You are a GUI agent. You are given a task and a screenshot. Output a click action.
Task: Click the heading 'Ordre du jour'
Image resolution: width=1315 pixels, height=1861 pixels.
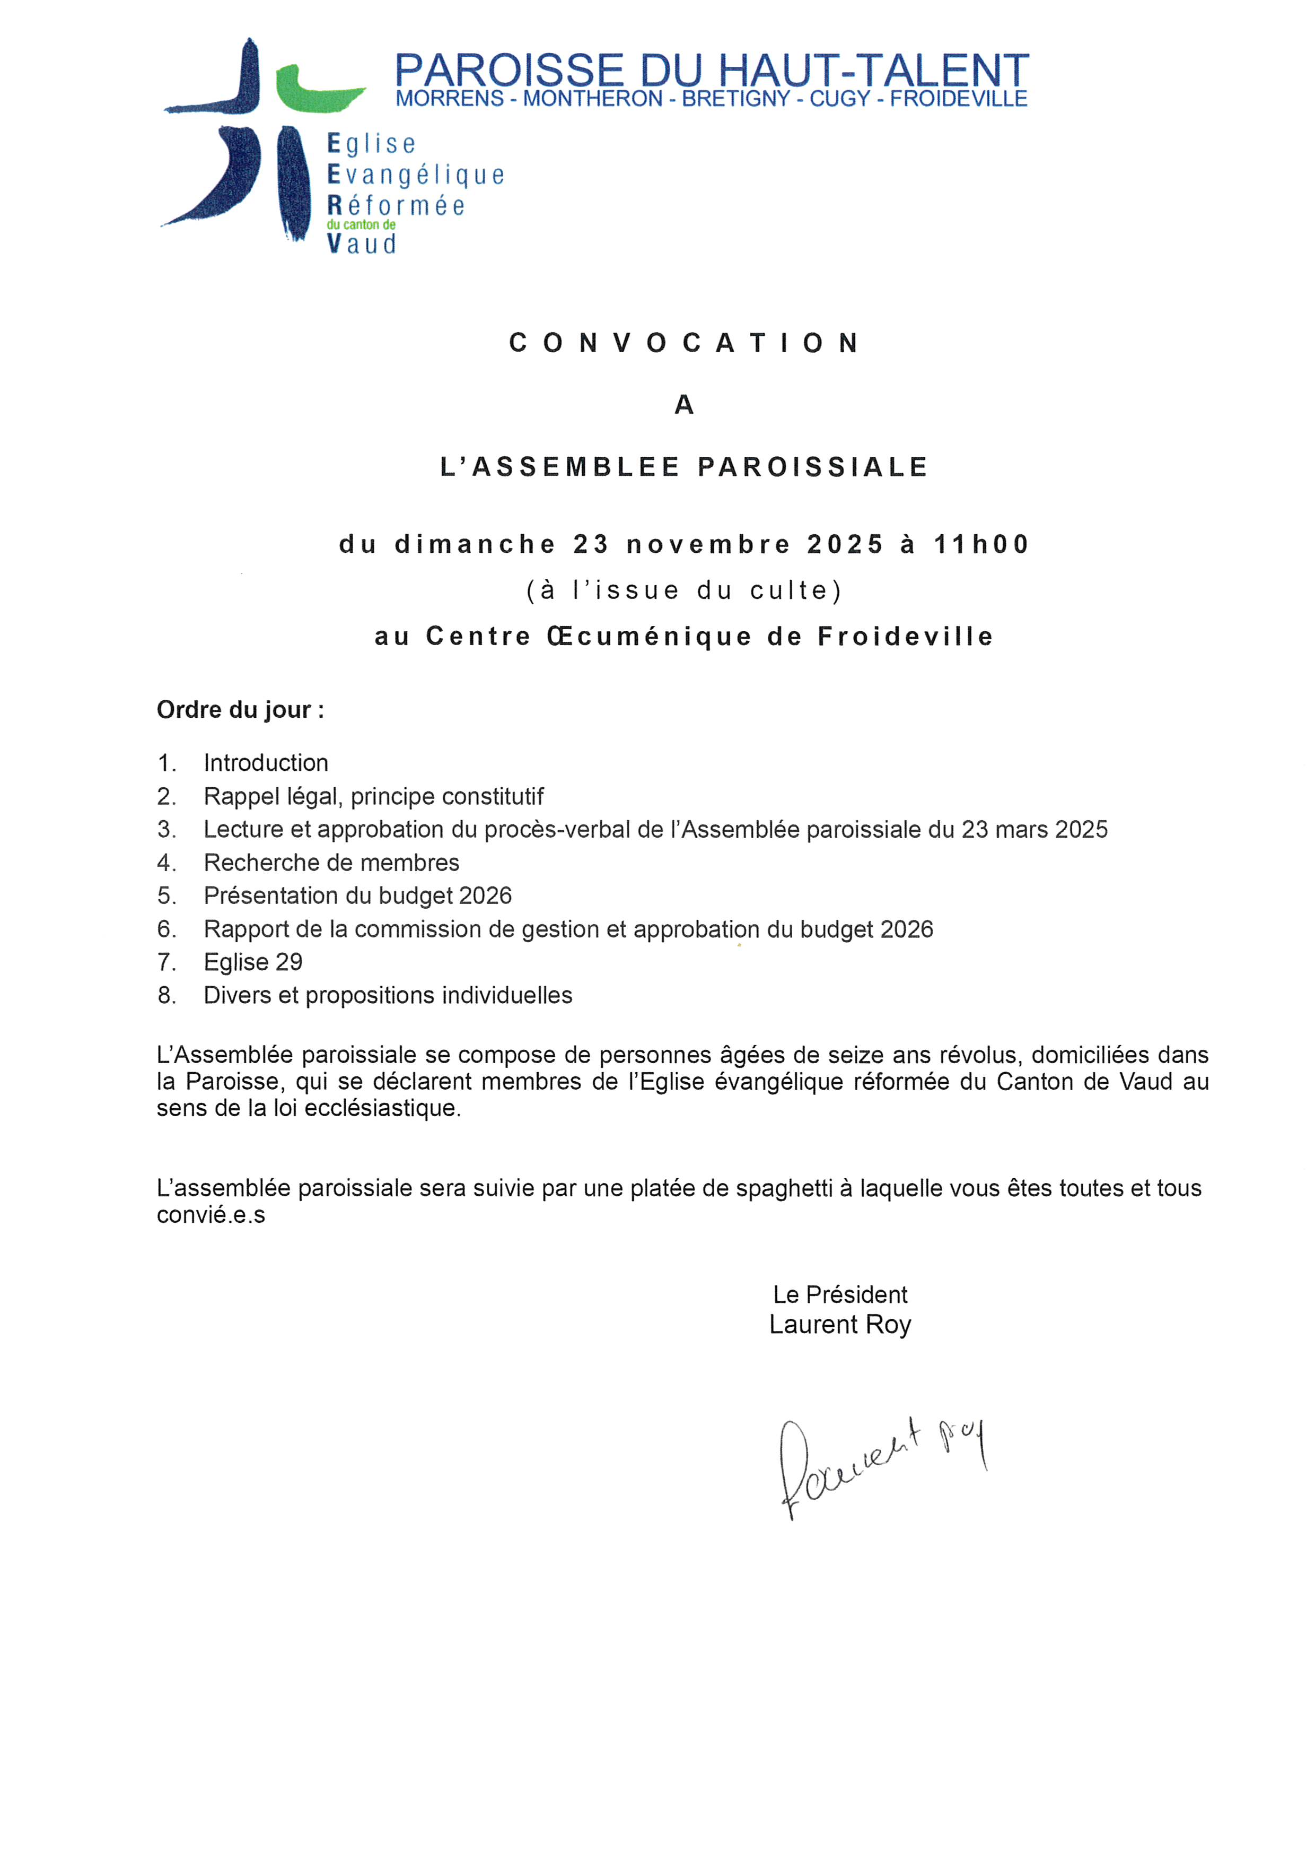tap(240, 710)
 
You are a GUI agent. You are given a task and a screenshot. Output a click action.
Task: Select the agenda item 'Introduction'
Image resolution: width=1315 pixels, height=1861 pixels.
tap(266, 763)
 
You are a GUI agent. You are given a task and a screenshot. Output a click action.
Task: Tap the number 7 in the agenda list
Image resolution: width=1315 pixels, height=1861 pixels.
tap(165, 962)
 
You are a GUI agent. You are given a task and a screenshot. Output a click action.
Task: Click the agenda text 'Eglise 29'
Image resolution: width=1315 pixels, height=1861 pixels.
tap(253, 962)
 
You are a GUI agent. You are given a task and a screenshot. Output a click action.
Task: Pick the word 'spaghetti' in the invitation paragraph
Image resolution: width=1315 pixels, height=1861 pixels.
tap(784, 1188)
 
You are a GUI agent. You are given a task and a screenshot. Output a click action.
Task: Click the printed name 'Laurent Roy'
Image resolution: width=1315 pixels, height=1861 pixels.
tap(840, 1325)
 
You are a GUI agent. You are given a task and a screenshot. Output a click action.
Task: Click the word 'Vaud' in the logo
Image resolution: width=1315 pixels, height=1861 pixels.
tap(362, 244)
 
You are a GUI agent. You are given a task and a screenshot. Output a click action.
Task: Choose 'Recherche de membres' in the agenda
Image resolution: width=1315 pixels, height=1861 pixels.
tap(331, 863)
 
